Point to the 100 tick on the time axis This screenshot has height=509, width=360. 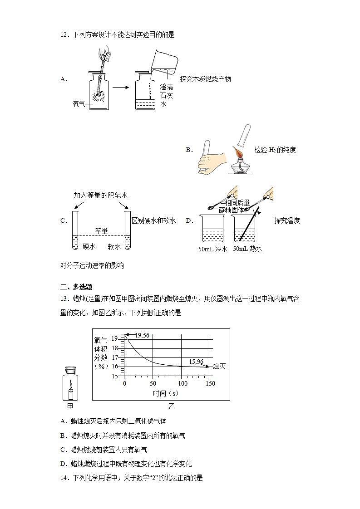[x=182, y=383]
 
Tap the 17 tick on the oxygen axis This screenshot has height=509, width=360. [x=115, y=357]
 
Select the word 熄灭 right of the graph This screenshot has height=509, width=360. [x=219, y=366]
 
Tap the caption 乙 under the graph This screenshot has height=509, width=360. [x=172, y=406]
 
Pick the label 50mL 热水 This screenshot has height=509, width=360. [x=247, y=249]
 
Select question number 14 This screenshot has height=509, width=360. [x=64, y=477]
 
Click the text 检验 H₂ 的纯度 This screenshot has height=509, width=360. [x=275, y=150]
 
